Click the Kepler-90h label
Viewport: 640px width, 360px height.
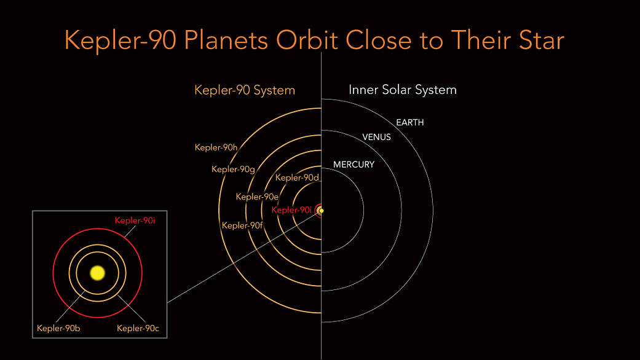click(x=216, y=147)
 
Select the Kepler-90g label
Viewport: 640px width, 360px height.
click(x=233, y=170)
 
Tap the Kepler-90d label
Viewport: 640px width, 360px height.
click(x=297, y=178)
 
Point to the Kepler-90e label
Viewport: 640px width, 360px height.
click(x=257, y=197)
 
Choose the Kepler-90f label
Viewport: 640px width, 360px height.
click(x=243, y=225)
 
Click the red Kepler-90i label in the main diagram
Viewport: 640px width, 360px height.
click(x=293, y=210)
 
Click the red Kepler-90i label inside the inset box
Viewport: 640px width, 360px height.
click(x=135, y=220)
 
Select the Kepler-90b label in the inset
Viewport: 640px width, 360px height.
click(x=58, y=328)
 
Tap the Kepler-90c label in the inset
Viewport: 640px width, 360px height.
click(x=138, y=328)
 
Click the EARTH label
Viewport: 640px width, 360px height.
click(x=409, y=123)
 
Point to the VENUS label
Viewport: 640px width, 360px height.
click(x=376, y=137)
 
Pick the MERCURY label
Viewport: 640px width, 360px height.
click(x=354, y=165)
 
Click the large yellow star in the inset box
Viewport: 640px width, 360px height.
click(x=97, y=272)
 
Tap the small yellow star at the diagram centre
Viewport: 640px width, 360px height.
click(x=321, y=211)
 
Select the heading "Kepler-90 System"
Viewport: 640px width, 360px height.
click(x=245, y=90)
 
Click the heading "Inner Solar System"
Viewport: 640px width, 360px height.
click(x=402, y=90)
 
